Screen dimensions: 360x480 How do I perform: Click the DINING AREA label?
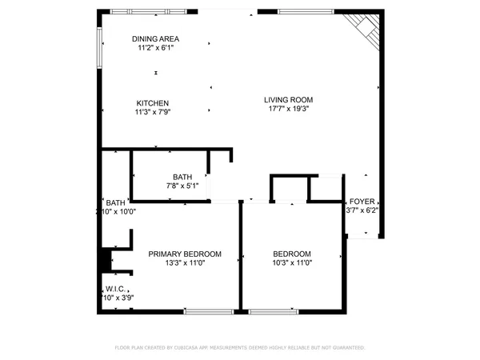click(x=155, y=38)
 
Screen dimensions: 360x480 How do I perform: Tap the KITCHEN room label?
click(x=152, y=102)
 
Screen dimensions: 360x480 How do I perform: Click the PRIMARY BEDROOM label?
click(x=185, y=254)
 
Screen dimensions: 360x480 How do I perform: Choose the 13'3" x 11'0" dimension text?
click(x=185, y=263)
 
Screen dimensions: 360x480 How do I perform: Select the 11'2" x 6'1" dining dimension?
click(x=155, y=48)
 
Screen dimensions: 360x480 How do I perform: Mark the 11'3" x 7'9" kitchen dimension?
click(x=153, y=112)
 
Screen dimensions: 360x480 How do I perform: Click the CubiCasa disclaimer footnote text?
click(x=240, y=348)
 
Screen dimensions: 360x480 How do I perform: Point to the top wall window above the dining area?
click(x=134, y=11)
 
